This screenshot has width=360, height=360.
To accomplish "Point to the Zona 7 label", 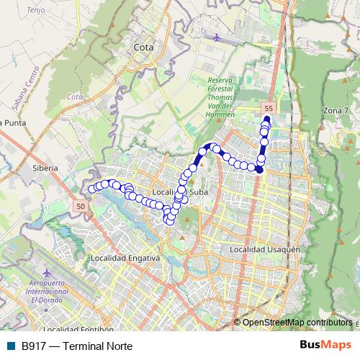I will click(x=336, y=110).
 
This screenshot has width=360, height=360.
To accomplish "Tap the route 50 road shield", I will click(x=79, y=206).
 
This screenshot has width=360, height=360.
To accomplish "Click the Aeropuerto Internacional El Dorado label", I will click(x=47, y=292).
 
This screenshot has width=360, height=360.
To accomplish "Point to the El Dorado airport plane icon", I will click(x=47, y=274).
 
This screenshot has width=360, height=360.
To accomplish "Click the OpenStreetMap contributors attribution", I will click(x=297, y=322).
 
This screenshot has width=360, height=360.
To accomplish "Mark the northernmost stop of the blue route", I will click(x=266, y=120).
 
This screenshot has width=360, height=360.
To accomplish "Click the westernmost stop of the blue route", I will click(x=91, y=189).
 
